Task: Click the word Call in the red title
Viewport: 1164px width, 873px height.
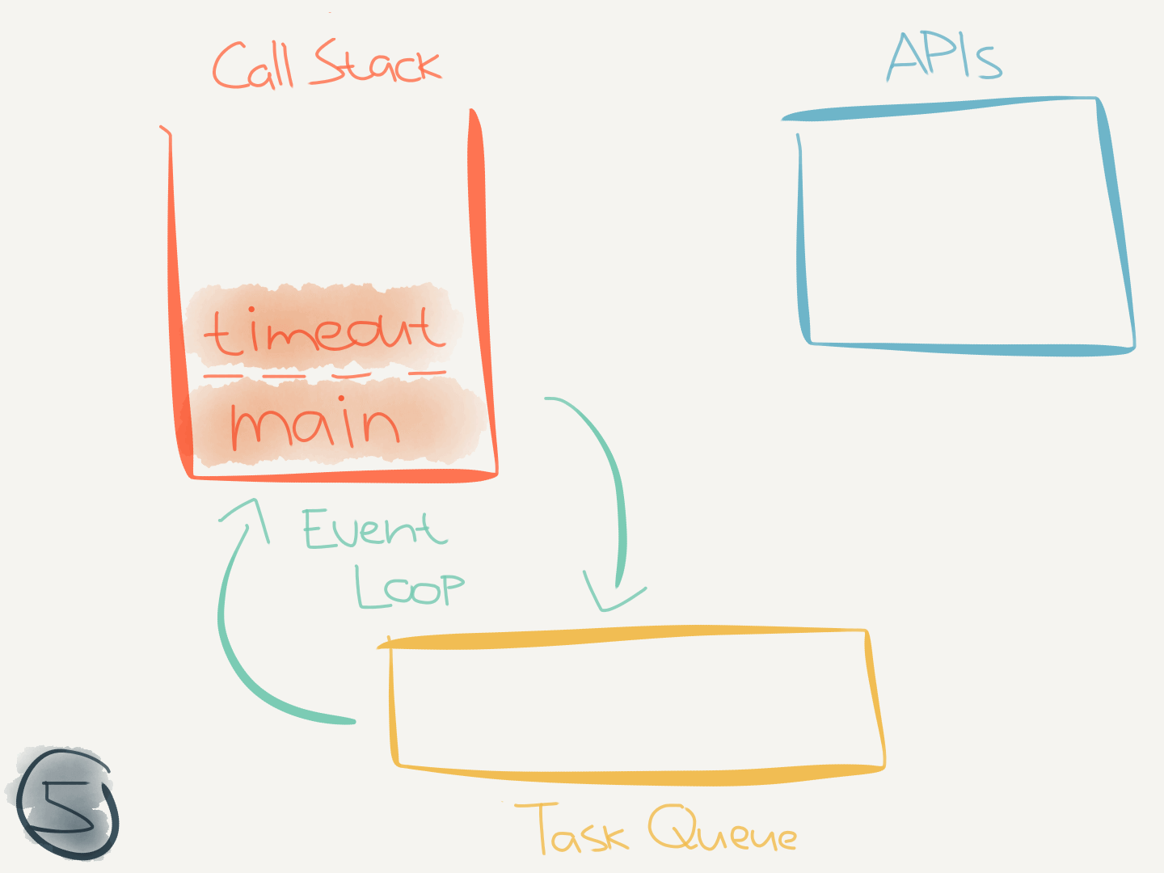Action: (252, 66)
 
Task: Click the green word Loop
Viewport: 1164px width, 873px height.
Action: (410, 587)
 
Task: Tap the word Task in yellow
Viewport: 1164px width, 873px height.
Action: (571, 829)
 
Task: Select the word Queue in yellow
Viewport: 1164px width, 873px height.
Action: (722, 829)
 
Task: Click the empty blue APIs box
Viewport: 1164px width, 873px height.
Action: (962, 230)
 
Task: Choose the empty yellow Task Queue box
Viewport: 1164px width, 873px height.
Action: (630, 703)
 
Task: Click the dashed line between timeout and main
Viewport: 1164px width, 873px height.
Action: (323, 375)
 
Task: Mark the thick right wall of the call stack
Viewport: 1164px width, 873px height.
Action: (479, 283)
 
